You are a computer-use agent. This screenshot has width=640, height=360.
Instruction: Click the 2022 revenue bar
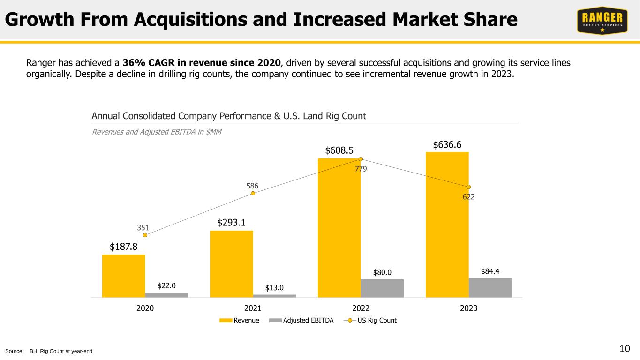point(339,228)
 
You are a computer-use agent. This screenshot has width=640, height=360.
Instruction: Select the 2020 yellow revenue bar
point(123,276)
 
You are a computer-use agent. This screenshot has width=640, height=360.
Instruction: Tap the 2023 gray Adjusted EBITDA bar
point(490,288)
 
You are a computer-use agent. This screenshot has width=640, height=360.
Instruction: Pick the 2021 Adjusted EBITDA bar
point(274,296)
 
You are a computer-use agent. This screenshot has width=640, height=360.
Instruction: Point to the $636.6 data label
point(447,145)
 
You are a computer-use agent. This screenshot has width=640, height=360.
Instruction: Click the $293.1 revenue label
point(231,223)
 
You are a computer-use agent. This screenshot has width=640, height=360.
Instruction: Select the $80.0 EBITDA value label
point(382,272)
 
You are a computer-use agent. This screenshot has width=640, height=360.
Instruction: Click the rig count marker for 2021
point(253,193)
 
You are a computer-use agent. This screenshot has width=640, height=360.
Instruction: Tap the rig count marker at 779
point(361,159)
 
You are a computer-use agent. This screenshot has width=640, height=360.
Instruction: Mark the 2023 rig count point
point(468,187)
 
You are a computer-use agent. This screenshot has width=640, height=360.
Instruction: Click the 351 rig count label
point(143,228)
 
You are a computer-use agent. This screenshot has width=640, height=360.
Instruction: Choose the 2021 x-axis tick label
point(253,308)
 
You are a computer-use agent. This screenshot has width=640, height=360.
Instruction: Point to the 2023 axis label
point(468,308)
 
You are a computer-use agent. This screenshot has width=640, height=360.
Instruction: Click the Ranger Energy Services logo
point(602,21)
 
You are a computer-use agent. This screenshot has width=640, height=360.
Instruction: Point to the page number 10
point(625,348)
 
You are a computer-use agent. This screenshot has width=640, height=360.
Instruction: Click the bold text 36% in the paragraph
point(133,62)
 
